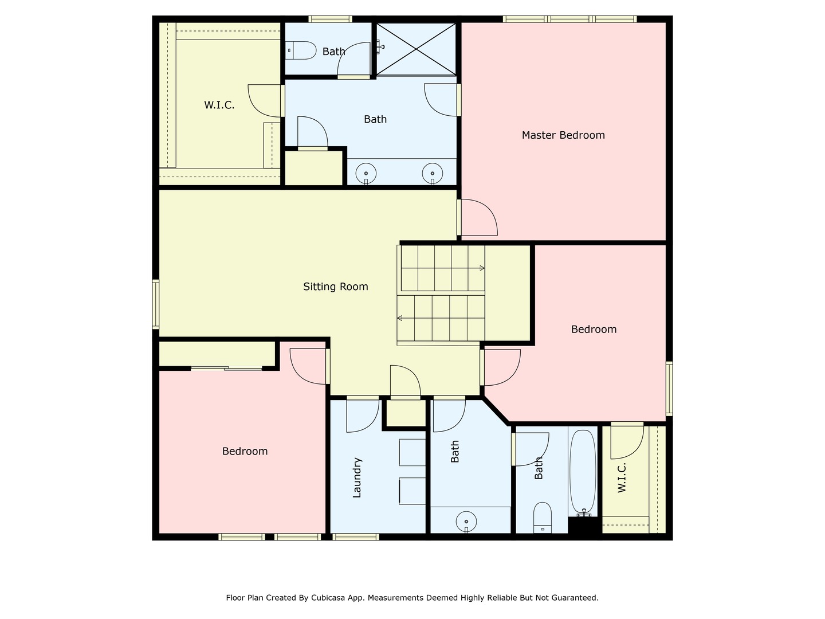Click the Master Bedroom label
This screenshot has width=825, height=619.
coord(563,135)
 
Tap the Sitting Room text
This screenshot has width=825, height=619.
coord(335,287)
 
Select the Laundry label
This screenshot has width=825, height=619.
coord(357,477)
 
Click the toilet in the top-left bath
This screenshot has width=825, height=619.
coord(302,50)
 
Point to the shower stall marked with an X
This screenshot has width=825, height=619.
coord(416,49)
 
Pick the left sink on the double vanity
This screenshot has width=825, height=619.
coord(366,173)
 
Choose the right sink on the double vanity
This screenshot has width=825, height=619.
coord(433,173)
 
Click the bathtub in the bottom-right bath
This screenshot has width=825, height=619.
coord(583,470)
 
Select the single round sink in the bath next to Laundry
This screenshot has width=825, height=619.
coord(466,522)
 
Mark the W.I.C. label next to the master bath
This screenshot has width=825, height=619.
coord(219,105)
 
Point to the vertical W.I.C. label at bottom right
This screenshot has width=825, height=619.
coord(622,477)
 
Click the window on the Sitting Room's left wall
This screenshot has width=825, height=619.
coord(155,304)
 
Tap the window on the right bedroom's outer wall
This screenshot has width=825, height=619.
coord(669,388)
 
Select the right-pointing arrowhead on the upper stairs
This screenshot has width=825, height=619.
coord(482,268)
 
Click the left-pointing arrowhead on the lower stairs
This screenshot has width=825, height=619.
coord(399,318)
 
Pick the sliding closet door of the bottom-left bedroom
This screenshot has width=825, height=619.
coord(226,369)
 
